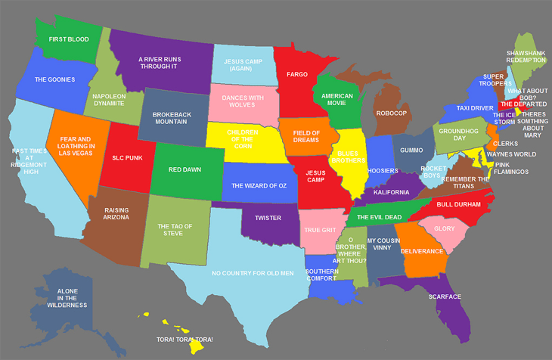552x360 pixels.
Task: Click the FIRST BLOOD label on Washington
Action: [64, 38]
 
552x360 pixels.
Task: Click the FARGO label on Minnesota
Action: [296, 75]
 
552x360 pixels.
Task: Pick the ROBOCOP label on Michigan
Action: [391, 113]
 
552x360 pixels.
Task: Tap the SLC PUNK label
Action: [128, 158]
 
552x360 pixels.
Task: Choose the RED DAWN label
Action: [185, 169]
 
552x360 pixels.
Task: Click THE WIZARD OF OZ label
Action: [259, 185]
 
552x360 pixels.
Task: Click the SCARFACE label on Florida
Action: [445, 296]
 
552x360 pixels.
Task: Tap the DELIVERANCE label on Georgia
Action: [417, 250]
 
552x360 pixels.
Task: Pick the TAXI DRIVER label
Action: [475, 108]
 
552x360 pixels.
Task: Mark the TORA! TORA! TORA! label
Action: [185, 340]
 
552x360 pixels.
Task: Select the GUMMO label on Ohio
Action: [412, 151]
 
